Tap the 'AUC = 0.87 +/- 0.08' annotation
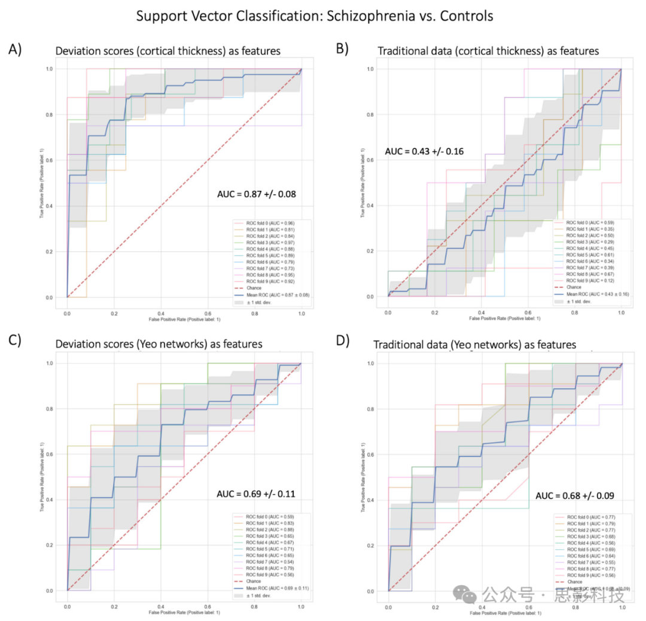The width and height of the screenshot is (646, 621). click(x=256, y=194)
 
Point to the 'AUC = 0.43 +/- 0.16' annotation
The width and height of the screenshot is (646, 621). click(x=424, y=151)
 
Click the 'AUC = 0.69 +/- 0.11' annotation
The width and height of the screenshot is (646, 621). click(x=256, y=494)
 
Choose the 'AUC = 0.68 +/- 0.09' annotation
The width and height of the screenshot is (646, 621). click(x=574, y=495)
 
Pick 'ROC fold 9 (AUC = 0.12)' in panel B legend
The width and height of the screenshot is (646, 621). click(x=586, y=281)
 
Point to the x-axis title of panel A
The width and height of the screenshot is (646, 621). click(x=184, y=319)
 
